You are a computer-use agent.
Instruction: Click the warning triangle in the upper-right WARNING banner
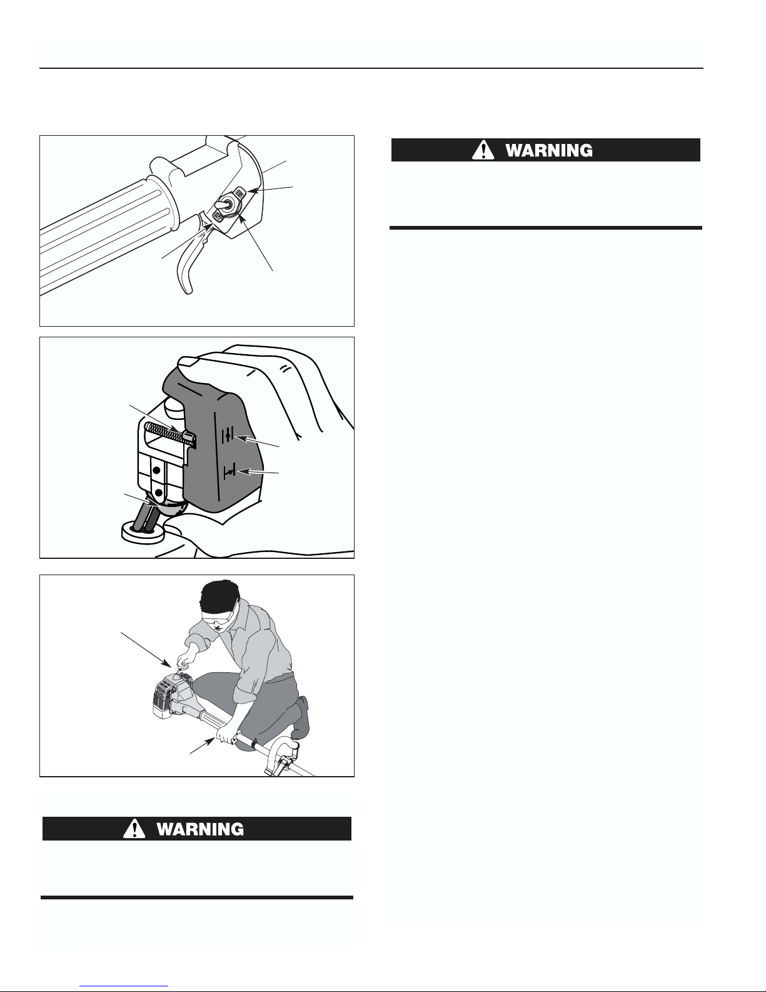(x=483, y=150)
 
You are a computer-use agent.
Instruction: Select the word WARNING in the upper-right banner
(x=549, y=151)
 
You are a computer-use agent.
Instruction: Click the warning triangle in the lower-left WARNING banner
(x=134, y=828)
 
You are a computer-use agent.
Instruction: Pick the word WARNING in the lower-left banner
(x=200, y=829)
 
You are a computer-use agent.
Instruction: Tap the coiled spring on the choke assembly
(x=170, y=434)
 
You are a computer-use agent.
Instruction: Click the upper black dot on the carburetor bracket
(x=156, y=470)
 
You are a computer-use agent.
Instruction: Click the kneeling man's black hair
(x=219, y=596)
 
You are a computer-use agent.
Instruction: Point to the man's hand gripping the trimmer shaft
(x=226, y=734)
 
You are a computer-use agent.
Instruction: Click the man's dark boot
(x=301, y=717)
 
